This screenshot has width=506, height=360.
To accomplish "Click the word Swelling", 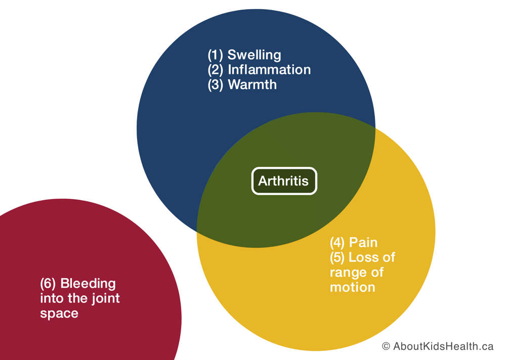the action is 255,55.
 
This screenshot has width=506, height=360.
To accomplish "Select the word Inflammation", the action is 269,70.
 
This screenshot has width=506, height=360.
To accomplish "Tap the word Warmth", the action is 252,84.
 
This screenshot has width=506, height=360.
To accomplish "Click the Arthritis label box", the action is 284,181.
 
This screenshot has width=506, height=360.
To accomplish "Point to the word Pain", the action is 363,243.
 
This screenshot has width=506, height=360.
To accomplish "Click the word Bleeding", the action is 88,284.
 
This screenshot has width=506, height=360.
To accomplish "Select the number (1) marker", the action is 215,55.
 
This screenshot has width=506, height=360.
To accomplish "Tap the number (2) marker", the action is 215,70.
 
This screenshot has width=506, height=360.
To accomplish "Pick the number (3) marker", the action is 215,85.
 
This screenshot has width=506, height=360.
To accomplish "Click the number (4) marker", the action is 337,243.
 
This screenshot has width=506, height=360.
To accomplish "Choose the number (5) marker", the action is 337,257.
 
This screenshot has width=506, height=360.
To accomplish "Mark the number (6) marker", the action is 48,284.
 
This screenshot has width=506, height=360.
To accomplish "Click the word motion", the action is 352,287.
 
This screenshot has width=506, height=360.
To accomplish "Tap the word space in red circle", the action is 59,313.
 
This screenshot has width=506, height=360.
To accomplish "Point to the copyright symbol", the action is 386,346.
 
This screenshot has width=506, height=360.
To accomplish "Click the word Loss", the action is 363,257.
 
